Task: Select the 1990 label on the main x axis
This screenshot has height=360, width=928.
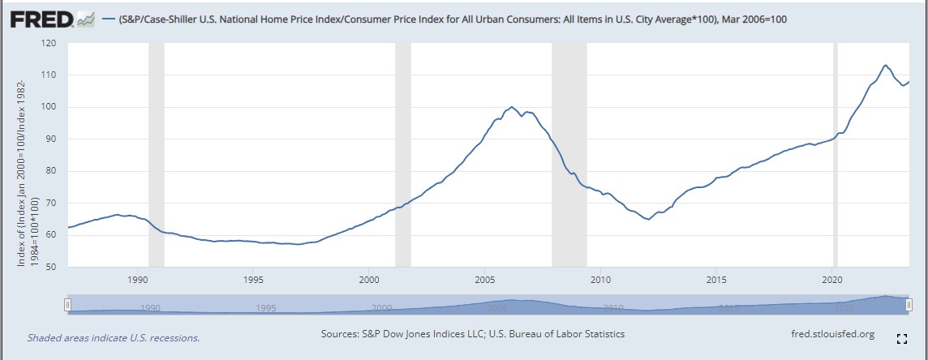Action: pos(138,279)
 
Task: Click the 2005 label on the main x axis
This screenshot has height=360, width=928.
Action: pos(484,279)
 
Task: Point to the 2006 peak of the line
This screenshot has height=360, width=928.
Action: pos(511,107)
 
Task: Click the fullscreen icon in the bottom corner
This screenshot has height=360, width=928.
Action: pos(900,338)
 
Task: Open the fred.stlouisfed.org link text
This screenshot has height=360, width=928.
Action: pos(831,334)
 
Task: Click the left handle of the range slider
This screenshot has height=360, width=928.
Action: pos(68,304)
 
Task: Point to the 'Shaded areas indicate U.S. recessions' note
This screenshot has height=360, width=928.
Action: pos(114,337)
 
